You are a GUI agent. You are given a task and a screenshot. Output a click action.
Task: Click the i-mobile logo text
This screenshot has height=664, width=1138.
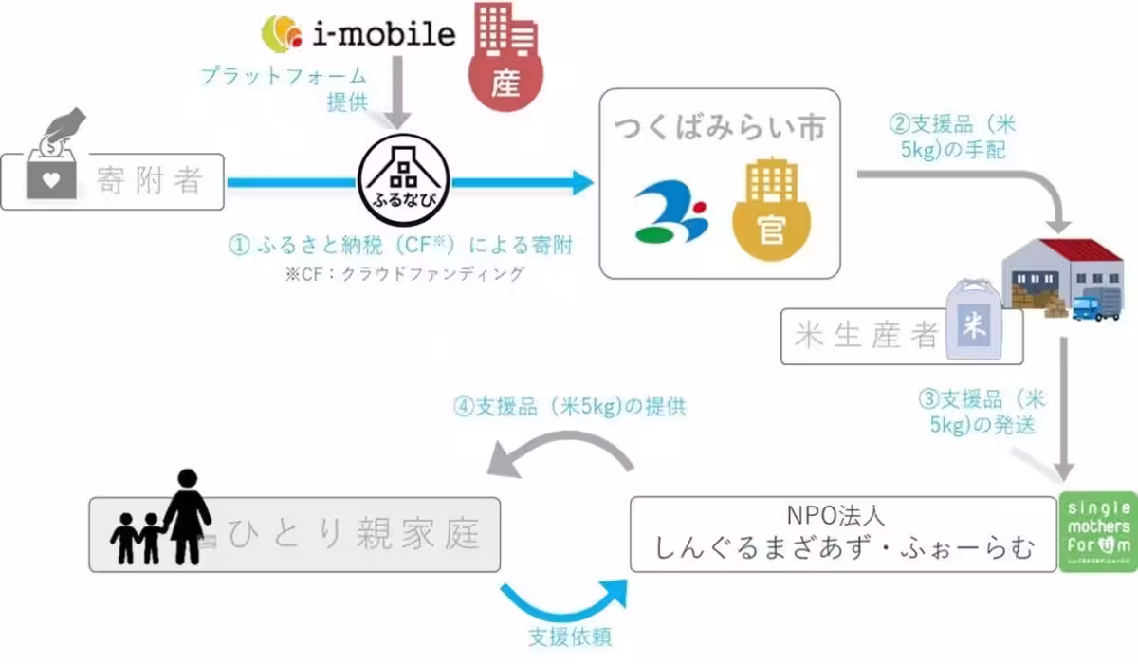(x=383, y=35)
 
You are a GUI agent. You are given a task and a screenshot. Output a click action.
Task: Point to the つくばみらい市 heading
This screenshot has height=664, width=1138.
(x=720, y=127)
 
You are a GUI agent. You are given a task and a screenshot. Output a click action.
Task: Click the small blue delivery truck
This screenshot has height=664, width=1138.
(x=1096, y=305)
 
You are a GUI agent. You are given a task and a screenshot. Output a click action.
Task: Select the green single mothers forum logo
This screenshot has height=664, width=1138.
(x=1095, y=534)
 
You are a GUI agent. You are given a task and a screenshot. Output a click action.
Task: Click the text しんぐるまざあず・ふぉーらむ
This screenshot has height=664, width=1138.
(x=844, y=549)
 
